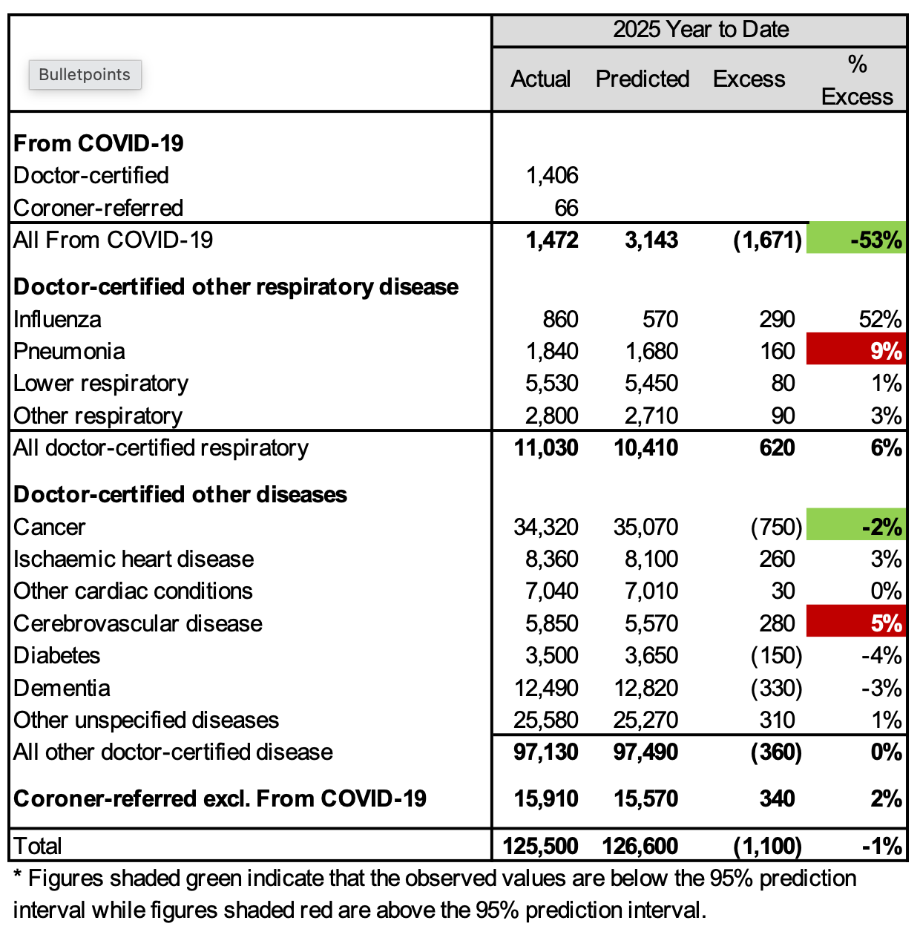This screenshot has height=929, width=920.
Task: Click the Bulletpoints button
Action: coord(85,75)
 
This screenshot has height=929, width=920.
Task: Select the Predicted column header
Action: coord(643,79)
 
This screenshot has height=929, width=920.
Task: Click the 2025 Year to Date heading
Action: coord(700,30)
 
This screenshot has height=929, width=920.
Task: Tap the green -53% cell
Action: coord(856,240)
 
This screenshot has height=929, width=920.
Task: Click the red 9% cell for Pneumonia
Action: coord(856,351)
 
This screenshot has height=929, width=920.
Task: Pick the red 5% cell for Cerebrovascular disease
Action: coord(856,623)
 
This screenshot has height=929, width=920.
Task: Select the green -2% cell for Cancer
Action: coord(856,527)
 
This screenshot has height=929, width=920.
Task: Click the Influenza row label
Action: coord(57,319)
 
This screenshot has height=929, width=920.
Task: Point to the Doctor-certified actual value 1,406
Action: coord(551,175)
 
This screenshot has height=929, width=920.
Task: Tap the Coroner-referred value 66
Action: coord(566,208)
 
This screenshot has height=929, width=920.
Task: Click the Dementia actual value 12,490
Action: coord(546,688)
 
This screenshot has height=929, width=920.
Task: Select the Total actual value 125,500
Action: coord(540,846)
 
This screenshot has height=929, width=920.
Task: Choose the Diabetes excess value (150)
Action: coord(776,655)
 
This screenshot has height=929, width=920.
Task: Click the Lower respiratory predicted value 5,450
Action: coord(651,383)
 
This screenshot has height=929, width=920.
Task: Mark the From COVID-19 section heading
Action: coord(99,142)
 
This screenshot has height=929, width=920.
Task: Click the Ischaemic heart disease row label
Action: coord(134,559)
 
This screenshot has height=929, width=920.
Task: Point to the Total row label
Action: coord(38,846)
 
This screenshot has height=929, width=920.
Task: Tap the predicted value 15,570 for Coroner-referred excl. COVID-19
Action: coord(645,798)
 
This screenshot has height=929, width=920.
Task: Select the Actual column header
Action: coord(540,79)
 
